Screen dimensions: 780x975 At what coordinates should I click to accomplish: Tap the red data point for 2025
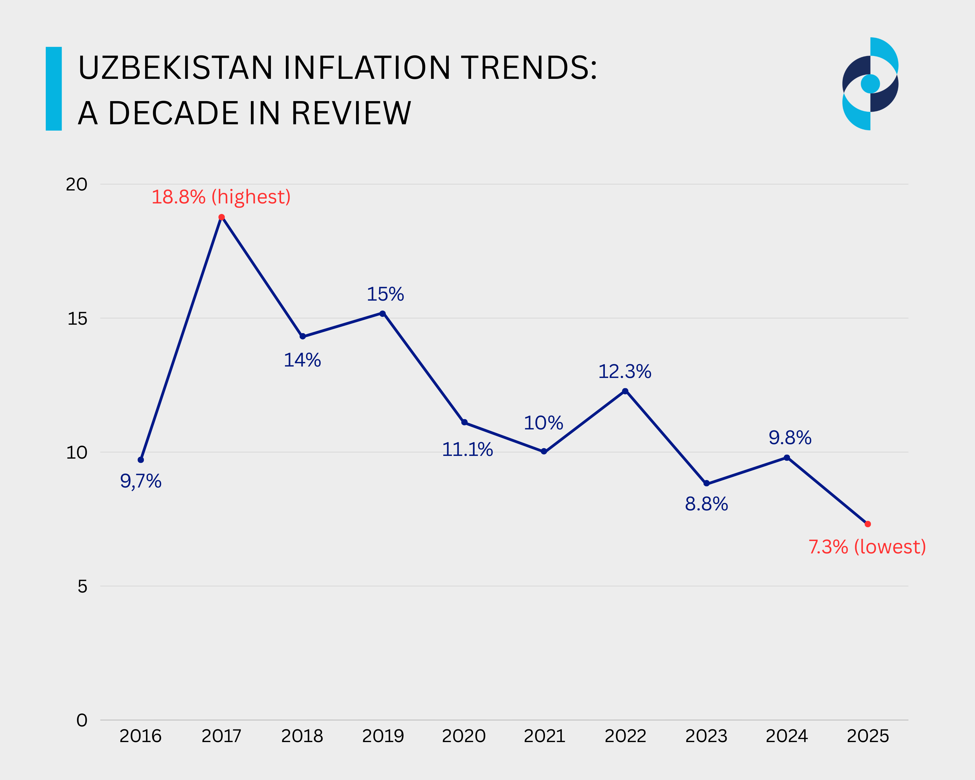click(867, 524)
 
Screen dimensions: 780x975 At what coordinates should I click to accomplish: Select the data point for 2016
click(141, 460)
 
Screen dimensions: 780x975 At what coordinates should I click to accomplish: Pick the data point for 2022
click(625, 391)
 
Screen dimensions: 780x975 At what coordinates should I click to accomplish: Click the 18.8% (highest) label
click(221, 197)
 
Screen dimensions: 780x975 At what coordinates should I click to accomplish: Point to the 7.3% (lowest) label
click(867, 547)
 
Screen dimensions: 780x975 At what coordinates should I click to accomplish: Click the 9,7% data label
click(141, 481)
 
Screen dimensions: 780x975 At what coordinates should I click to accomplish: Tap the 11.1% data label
click(467, 450)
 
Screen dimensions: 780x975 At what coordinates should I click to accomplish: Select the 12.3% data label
click(624, 372)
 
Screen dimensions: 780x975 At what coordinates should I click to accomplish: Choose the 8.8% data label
click(706, 504)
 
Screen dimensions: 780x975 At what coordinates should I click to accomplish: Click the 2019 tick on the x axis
click(382, 736)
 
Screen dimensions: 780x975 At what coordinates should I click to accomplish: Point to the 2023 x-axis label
click(706, 736)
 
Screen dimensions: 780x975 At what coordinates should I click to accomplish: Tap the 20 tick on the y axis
click(76, 184)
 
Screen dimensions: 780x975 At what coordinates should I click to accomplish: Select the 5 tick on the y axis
click(82, 587)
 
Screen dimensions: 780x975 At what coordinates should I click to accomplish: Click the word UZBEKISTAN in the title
click(175, 68)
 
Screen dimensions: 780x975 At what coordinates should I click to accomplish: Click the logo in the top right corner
click(870, 84)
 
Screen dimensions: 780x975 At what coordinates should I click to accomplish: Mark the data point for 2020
click(464, 422)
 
